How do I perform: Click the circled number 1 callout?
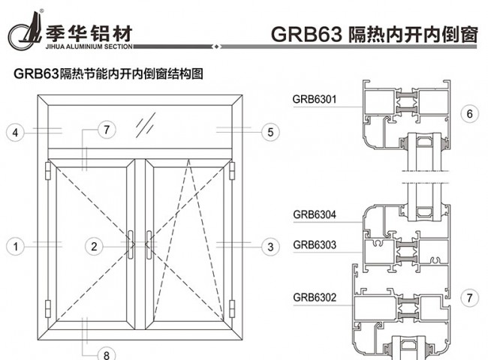[14, 245]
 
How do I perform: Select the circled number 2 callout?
[93, 245]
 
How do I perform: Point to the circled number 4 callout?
[14, 133]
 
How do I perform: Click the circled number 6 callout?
[469, 114]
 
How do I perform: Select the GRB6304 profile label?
[314, 215]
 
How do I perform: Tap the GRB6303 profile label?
[314, 244]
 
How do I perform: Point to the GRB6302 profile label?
[314, 297]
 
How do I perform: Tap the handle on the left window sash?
[133, 245]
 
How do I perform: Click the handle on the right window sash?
[149, 245]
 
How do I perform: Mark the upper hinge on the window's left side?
[49, 172]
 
